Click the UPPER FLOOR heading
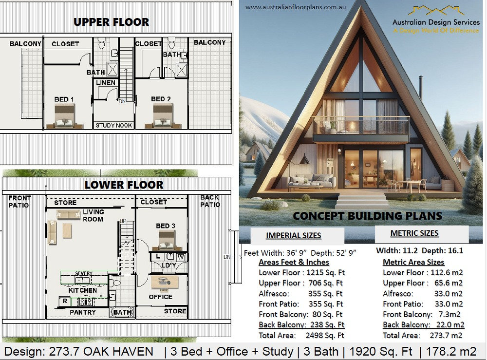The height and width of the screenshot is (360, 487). pyautogui.click(x=111, y=22)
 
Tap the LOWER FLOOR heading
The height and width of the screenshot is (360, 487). pyautogui.click(x=124, y=185)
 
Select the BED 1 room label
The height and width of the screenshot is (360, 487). pyautogui.click(x=64, y=99)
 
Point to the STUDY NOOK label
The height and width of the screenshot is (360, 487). pyautogui.click(x=114, y=125)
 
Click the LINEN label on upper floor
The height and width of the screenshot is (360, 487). pyautogui.click(x=106, y=83)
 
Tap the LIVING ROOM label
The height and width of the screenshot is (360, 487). pyautogui.click(x=93, y=215)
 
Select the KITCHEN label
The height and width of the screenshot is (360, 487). pyautogui.click(x=82, y=290)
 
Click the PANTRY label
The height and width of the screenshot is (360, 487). pyautogui.click(x=82, y=312)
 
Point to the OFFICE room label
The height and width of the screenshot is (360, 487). pyautogui.click(x=161, y=297)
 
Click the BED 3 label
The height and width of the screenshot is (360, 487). pyautogui.click(x=166, y=226)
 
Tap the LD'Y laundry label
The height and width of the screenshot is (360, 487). pyautogui.click(x=169, y=265)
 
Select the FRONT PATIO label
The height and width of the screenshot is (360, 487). pyautogui.click(x=19, y=201)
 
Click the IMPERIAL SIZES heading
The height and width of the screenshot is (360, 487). pyautogui.click(x=293, y=236)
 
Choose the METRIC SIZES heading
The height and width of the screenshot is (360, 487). pyautogui.click(x=414, y=233)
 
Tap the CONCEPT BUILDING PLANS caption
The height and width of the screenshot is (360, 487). pyautogui.click(x=367, y=216)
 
